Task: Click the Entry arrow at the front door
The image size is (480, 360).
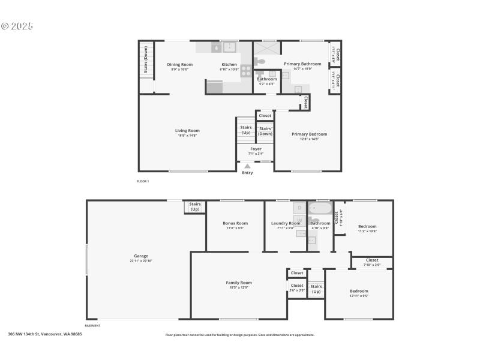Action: pos(247,166)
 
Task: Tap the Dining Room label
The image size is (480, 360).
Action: pos(179,65)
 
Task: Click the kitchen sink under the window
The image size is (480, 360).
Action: pos(229,47)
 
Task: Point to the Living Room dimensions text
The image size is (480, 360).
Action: pos(187,136)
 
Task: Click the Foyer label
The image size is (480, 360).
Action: pos(256,149)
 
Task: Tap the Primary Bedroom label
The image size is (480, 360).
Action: pos(309,134)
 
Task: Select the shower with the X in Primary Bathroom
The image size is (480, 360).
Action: pos(267,48)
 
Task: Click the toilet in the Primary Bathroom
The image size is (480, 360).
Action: pos(260,61)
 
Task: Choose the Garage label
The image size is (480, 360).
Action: pos(141,256)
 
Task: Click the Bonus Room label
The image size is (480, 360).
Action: pos(235,223)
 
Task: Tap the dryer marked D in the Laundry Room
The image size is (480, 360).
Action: pos(299,208)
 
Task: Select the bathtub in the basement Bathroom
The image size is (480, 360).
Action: pos(320,209)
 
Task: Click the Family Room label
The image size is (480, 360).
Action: pos(239,282)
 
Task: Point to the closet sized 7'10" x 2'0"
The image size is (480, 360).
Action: pos(372,262)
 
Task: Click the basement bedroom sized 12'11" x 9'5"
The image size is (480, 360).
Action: pos(359,293)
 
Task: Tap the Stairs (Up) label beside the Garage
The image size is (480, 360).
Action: pos(195,206)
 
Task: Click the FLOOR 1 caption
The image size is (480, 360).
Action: pos(143,181)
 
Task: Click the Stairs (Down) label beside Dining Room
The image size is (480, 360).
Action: pos(146,60)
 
